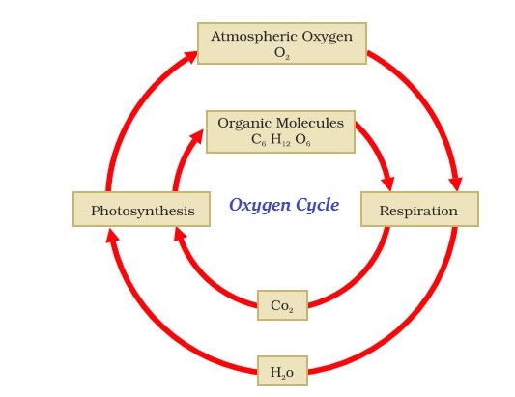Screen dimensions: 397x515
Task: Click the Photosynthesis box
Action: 141,210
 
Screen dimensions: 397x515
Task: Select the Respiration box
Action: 418,210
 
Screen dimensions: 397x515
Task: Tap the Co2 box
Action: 282,305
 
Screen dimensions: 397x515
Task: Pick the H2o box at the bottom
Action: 282,372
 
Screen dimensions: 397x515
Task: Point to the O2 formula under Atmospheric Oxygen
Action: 282,53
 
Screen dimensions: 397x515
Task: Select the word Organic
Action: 243,123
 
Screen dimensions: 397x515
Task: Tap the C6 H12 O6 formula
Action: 281,140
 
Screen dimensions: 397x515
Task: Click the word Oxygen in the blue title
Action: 258,205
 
